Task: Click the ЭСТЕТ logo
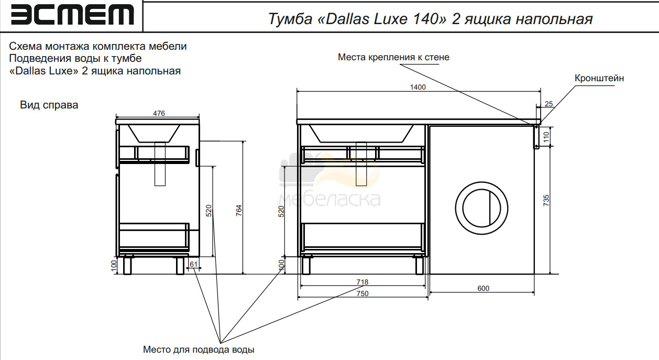72,15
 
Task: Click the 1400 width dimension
418,87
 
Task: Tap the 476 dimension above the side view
159,113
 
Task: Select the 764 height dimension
238,211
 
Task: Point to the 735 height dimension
546,200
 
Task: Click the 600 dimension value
483,288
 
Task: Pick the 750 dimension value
362,293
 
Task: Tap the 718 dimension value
362,282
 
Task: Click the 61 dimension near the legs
193,264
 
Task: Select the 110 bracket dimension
546,137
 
